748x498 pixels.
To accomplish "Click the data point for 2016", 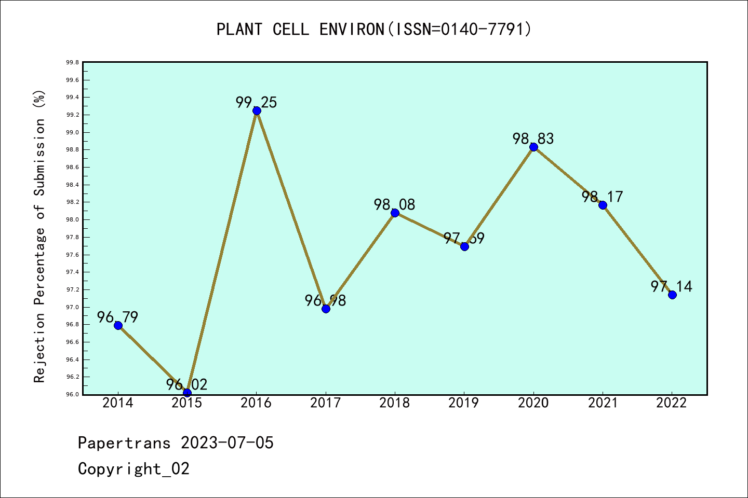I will tap(257, 110).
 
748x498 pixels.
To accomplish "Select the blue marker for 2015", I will tap(187, 393).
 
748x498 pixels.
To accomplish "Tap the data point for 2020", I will tap(533, 147).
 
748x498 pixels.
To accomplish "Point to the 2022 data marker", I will tap(672, 295).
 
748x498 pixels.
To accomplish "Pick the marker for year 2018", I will tap(395, 213).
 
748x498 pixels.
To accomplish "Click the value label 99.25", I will tap(257, 102).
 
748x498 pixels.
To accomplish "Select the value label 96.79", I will tap(118, 317).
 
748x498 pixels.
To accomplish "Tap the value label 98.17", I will tap(603, 197).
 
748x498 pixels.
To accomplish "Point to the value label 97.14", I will tap(672, 286).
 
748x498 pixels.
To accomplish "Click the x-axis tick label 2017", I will tap(326, 403).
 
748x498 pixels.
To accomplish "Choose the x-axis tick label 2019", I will tap(464, 403).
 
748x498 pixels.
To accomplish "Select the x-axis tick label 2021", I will tap(603, 403).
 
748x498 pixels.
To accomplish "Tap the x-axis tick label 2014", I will tap(118, 403).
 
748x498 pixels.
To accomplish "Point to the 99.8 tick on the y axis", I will tap(72, 63).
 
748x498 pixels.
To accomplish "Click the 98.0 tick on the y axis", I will tap(72, 220).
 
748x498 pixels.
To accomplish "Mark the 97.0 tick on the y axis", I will tap(72, 307).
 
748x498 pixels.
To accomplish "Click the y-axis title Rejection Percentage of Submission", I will tap(39, 236).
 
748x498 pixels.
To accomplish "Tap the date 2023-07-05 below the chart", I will tap(227, 443).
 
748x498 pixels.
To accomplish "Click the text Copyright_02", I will tap(133, 469).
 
